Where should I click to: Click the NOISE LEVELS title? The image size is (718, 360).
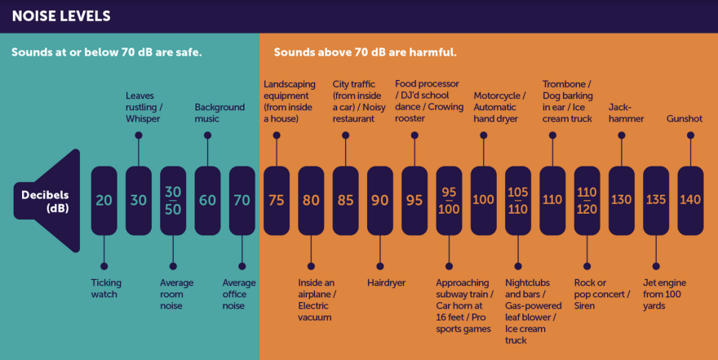61,16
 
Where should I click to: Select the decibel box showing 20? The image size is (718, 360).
104,201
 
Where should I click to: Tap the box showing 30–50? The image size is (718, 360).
173,201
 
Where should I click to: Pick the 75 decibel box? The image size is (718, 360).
277,201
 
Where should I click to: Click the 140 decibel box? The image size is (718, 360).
690,201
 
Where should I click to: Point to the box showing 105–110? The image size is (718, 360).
518,201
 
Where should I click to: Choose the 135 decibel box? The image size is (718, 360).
656,201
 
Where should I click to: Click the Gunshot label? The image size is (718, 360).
684,118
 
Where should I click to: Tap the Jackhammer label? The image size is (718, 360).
626,113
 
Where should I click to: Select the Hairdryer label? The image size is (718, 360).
386,283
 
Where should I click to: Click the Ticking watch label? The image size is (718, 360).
106,288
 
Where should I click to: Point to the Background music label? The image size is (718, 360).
219,113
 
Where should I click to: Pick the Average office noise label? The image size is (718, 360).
239,294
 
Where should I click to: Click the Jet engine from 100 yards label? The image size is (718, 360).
664,294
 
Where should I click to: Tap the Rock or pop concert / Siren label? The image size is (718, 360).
602,294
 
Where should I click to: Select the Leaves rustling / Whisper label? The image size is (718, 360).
144,107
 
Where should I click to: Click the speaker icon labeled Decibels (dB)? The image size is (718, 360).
47,201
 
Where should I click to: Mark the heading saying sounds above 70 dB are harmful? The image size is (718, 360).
365,52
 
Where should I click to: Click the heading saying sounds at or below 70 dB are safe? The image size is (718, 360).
107,52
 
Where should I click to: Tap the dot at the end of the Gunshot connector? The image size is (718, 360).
690,136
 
